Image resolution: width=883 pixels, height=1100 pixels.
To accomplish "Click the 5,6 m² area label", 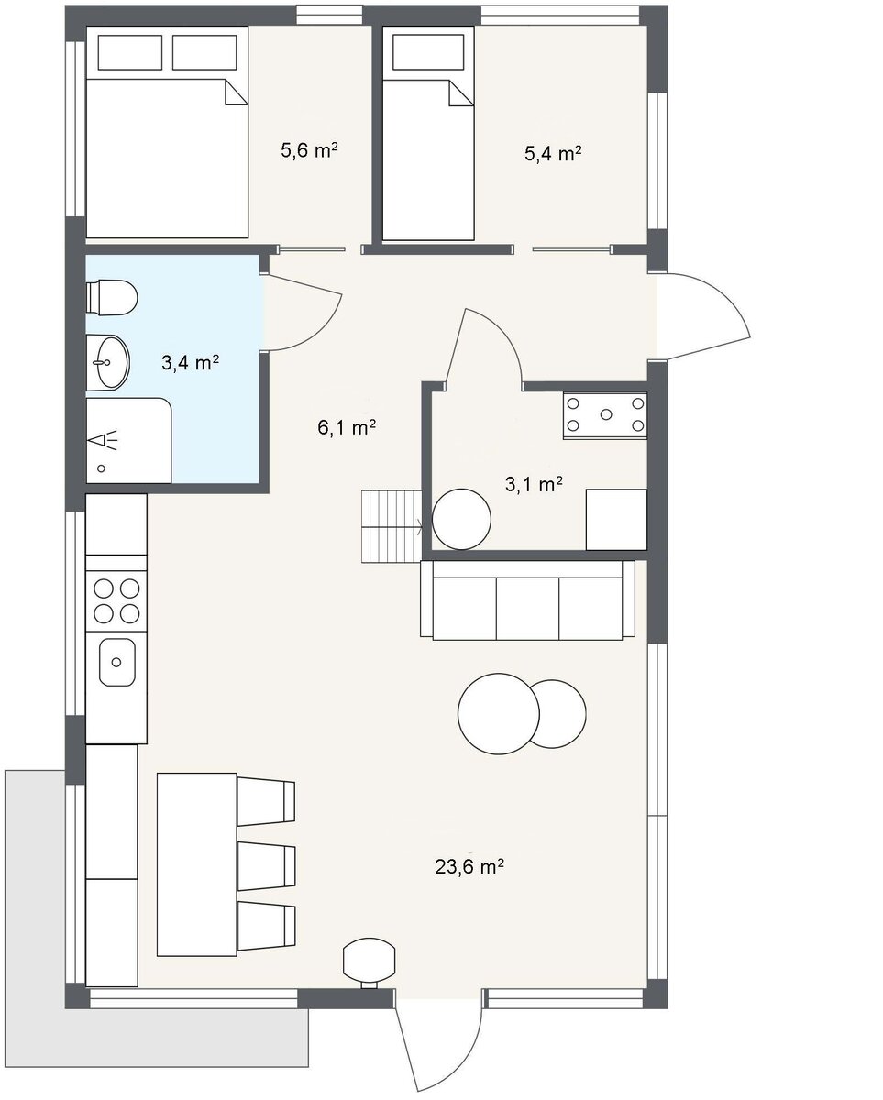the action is click(309, 150).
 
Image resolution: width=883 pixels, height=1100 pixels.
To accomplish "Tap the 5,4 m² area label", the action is click(553, 153).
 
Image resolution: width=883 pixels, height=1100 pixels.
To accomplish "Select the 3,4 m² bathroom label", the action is click(190, 363).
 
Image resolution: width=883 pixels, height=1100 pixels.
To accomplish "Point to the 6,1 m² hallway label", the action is click(347, 427).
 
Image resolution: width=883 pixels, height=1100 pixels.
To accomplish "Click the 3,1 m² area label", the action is click(535, 484).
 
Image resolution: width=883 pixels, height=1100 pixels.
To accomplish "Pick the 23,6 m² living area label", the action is click(469, 866).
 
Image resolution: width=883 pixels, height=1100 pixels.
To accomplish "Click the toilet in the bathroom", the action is click(112, 297).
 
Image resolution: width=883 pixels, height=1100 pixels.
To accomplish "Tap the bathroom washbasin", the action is click(108, 362).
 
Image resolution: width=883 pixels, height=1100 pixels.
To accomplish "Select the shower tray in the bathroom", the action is click(127, 441).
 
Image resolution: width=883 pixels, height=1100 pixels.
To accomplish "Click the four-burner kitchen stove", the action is click(116, 601).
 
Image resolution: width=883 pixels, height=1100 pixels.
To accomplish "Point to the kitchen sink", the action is click(117, 662).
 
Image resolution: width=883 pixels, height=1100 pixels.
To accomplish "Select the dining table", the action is click(197, 864).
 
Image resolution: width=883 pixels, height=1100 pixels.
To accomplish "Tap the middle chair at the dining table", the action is click(267, 866).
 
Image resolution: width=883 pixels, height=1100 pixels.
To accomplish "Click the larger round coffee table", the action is click(499, 713).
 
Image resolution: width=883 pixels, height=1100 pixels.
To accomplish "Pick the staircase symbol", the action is click(392, 526).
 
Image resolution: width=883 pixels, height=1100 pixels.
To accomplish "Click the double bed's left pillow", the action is click(130, 52).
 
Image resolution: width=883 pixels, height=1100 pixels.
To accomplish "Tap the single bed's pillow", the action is click(428, 51).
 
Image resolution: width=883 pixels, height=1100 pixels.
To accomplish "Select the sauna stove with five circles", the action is click(605, 415).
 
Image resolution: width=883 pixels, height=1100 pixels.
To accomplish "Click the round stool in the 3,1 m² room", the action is click(462, 520).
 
